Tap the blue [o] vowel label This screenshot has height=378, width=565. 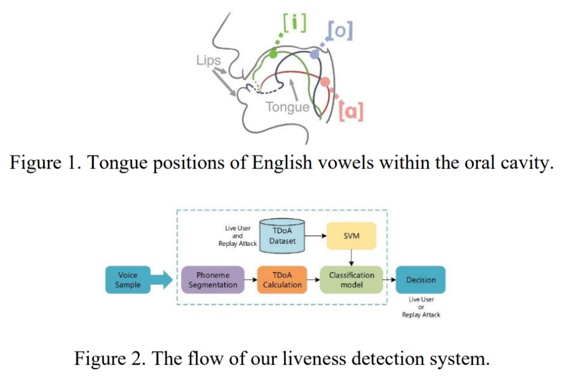339,30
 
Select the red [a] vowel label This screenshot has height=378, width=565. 351,111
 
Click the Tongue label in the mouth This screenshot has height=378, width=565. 287,106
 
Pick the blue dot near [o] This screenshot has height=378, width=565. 314,54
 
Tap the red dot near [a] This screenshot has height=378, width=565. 325,82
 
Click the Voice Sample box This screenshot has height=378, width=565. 127,280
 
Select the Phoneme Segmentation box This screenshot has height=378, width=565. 212,280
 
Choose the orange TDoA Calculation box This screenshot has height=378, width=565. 282,280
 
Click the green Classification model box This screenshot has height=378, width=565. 351,280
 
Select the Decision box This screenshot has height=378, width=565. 421,280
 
